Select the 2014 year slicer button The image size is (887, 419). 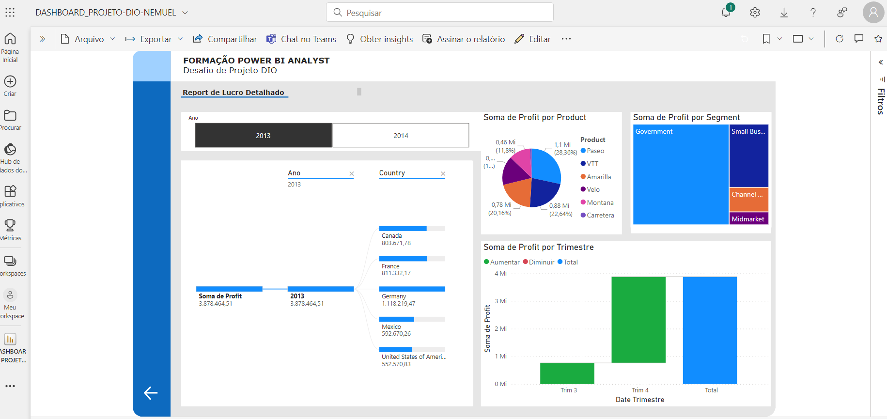[x=401, y=135]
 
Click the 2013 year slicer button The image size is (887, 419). [x=263, y=135]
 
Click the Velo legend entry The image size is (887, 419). [x=593, y=189]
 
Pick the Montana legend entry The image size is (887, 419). [x=600, y=202]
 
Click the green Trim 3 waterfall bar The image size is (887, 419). [x=567, y=373]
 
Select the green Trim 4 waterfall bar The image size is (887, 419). [x=638, y=320]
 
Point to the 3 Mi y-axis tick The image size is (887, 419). [x=500, y=301]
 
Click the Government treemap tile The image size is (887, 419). [x=681, y=174]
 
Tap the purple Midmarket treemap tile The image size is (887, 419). [x=748, y=219]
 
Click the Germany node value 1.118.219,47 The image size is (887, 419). [x=398, y=304]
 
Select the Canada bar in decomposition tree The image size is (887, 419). [x=403, y=229]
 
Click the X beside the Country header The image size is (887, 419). [x=443, y=173]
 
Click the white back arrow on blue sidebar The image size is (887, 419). [x=151, y=393]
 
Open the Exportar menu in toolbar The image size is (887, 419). [x=154, y=39]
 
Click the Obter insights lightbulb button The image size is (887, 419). [x=380, y=39]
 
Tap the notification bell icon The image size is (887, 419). [x=726, y=13]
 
